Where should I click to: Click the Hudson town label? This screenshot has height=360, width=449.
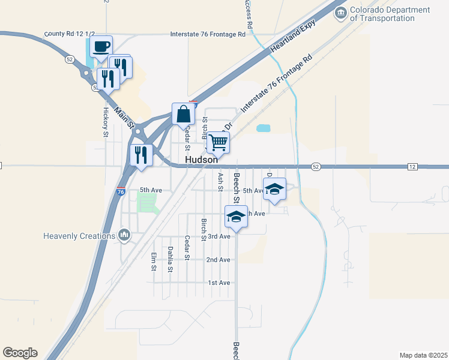[201, 160]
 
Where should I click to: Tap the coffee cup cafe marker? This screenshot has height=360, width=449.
[101, 46]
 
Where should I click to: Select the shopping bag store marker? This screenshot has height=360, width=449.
[183, 114]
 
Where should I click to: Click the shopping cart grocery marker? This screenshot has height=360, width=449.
[218, 143]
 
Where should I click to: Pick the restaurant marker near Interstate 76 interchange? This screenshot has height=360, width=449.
[142, 155]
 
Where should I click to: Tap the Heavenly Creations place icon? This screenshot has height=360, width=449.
[124, 235]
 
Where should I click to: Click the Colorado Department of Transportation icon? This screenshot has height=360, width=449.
[340, 13]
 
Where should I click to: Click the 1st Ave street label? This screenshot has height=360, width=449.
[218, 283]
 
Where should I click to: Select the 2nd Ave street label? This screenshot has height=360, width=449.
[218, 260]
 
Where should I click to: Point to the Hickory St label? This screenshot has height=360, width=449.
[106, 122]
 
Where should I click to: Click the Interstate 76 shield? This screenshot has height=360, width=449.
[121, 192]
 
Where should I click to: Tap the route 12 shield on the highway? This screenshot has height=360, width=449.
[412, 166]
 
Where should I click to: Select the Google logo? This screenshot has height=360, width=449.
[20, 353]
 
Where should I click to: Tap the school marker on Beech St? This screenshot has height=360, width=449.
[236, 217]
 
